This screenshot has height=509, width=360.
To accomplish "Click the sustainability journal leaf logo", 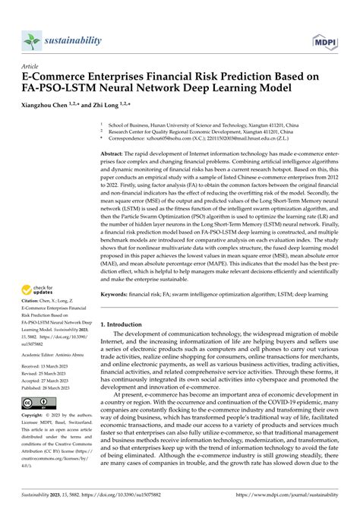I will click(31, 40).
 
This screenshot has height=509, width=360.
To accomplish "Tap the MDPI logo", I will click(324, 40).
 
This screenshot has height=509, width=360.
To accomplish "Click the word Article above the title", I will click(33, 66).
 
